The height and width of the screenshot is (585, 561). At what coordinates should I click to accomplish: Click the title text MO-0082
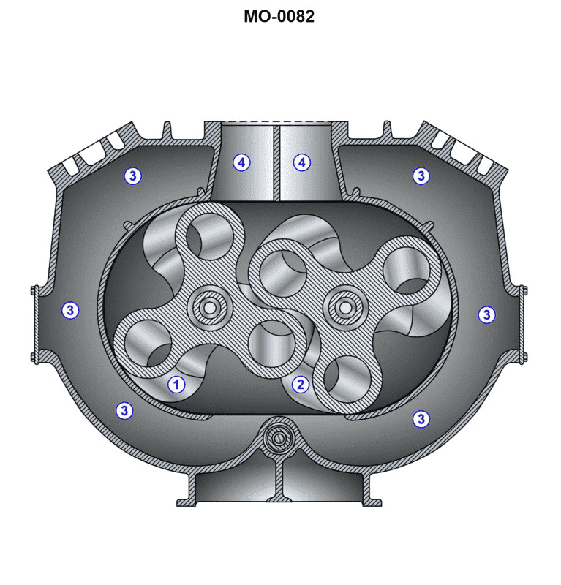tap(279, 16)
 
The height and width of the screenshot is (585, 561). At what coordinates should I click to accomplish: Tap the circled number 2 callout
tap(301, 384)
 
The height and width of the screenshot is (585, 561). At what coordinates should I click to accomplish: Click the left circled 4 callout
tap(241, 162)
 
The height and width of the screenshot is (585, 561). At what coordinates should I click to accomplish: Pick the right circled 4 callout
tap(302, 162)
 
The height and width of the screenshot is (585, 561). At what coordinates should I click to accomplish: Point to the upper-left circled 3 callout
tap(132, 175)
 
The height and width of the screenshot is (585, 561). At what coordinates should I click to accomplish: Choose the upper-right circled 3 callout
tap(421, 175)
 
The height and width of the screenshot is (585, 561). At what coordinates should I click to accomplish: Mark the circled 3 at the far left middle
tap(69, 310)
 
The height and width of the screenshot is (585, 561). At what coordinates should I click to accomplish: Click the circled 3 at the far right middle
tap(486, 314)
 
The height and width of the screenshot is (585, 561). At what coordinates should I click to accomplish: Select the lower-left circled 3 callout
tap(124, 410)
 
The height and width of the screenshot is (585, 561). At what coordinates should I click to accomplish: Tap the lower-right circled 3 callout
tap(421, 418)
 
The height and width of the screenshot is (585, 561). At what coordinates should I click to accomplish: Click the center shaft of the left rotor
tap(209, 309)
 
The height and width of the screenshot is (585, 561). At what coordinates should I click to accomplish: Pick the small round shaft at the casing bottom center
tap(277, 437)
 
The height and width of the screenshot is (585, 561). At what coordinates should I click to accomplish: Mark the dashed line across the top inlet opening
tap(277, 121)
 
